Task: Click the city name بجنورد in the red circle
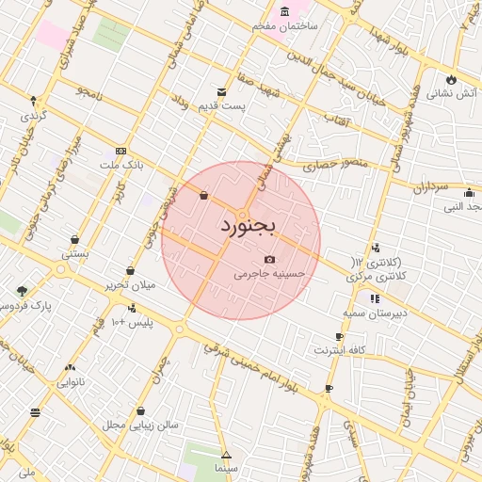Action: point(248,227)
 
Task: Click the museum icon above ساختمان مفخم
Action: point(284,11)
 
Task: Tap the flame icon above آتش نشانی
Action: point(452,78)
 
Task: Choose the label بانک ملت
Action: point(123,165)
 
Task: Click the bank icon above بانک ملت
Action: point(120,151)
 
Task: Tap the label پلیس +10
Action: point(132,323)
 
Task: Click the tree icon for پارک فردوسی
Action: point(22,291)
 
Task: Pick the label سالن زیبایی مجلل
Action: point(141,426)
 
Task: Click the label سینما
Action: point(226,467)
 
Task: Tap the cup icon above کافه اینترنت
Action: point(340,336)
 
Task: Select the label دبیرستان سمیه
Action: point(374,312)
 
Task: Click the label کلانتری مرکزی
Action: point(374,276)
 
